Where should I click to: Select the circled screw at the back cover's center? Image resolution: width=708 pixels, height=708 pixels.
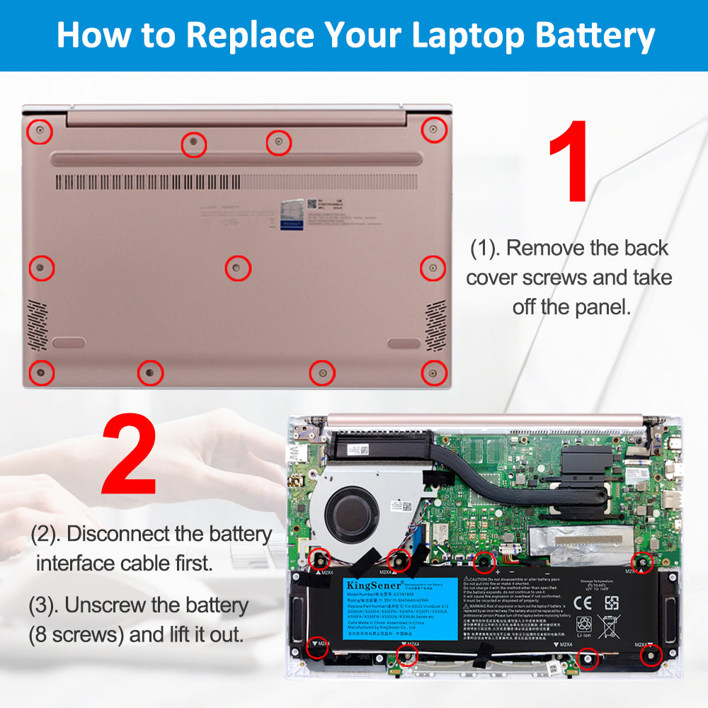click(238, 268)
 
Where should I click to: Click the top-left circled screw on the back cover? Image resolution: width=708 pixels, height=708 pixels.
click(40, 131)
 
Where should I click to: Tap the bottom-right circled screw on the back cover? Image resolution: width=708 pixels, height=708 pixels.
click(433, 372)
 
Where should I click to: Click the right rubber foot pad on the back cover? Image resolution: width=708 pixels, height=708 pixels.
click(404, 344)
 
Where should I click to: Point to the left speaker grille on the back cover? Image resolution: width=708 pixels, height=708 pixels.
click(38, 324)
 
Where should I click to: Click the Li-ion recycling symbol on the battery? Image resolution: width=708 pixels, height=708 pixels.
click(585, 627)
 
